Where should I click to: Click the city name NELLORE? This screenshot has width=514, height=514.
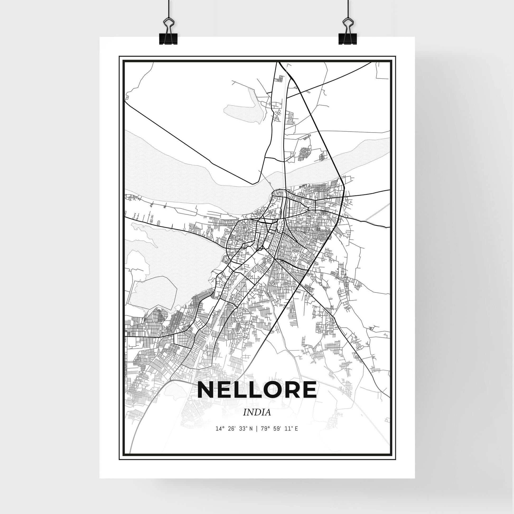point(257,390)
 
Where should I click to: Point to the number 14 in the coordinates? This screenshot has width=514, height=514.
point(218,436)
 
